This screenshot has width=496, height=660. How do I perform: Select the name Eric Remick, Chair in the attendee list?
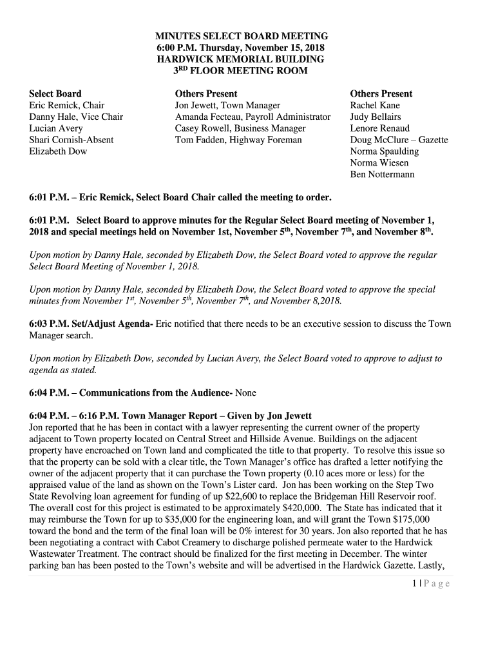click(x=67, y=105)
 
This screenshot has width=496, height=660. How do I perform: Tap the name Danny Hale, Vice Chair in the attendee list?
click(x=76, y=117)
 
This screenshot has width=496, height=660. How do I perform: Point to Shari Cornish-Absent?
click(x=72, y=140)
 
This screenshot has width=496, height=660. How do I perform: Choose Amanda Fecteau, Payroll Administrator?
click(x=253, y=117)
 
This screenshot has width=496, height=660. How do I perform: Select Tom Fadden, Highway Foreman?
click(x=238, y=140)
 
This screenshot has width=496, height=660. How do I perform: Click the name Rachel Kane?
click(x=375, y=105)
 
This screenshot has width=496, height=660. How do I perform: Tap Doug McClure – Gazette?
click(x=399, y=140)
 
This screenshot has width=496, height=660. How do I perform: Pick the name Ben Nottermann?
click(x=382, y=175)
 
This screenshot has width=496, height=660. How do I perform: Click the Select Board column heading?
click(x=55, y=93)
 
